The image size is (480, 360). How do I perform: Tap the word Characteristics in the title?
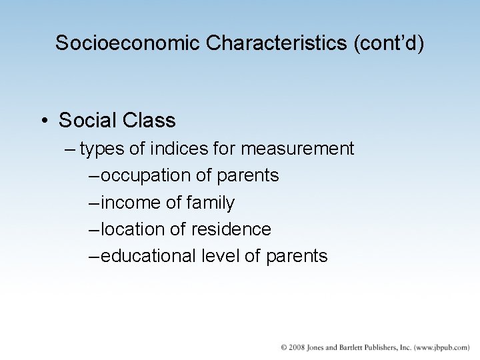tap(275, 43)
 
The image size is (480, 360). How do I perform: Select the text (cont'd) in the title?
tap(387, 43)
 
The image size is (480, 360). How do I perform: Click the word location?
tap(133, 229)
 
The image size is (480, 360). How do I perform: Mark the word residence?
tap(231, 229)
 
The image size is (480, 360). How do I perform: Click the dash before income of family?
tap(93, 202)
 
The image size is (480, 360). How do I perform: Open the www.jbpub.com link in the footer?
tap(442, 347)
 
